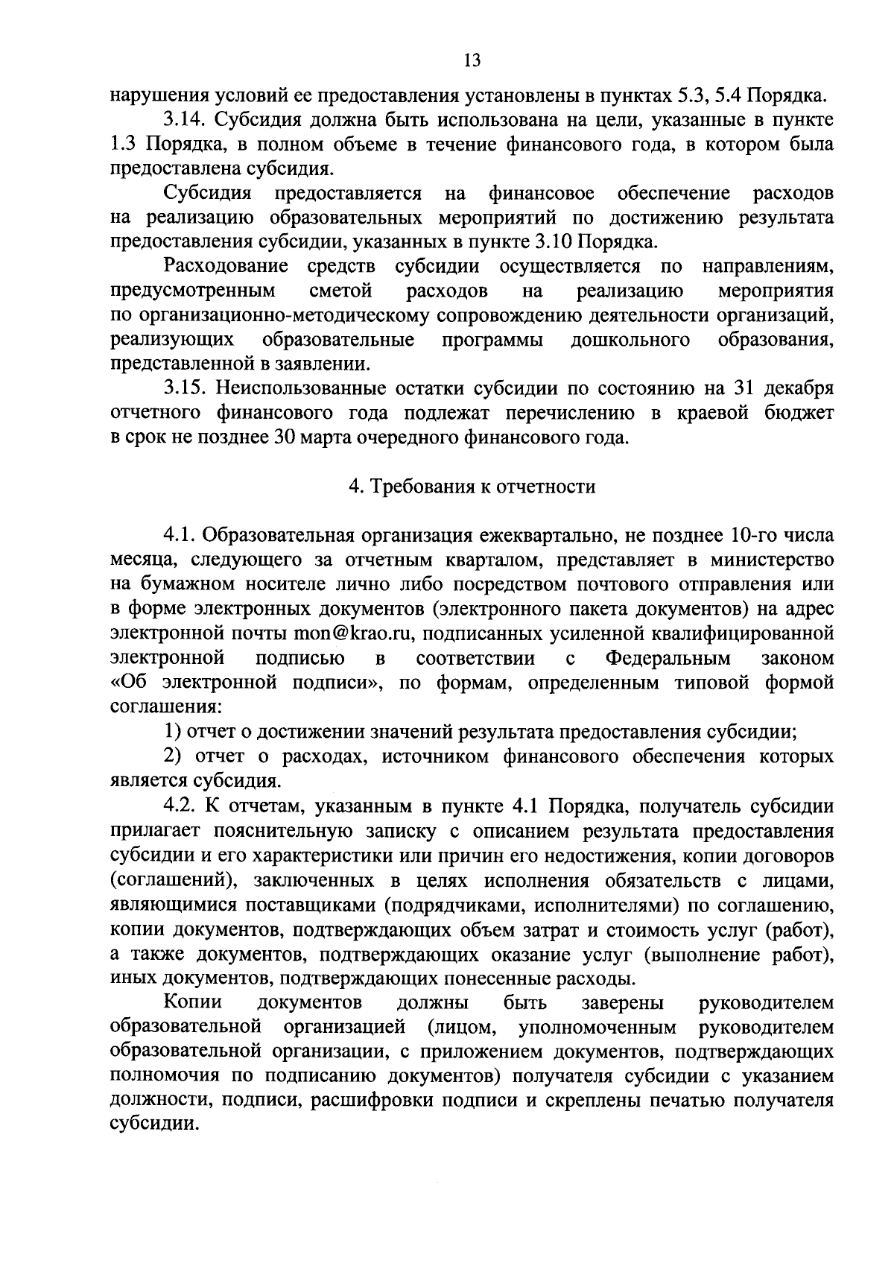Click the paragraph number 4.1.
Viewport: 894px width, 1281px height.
[179, 536]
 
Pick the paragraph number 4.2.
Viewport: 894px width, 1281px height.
[179, 807]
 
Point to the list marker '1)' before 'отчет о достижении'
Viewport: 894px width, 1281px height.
[172, 733]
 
